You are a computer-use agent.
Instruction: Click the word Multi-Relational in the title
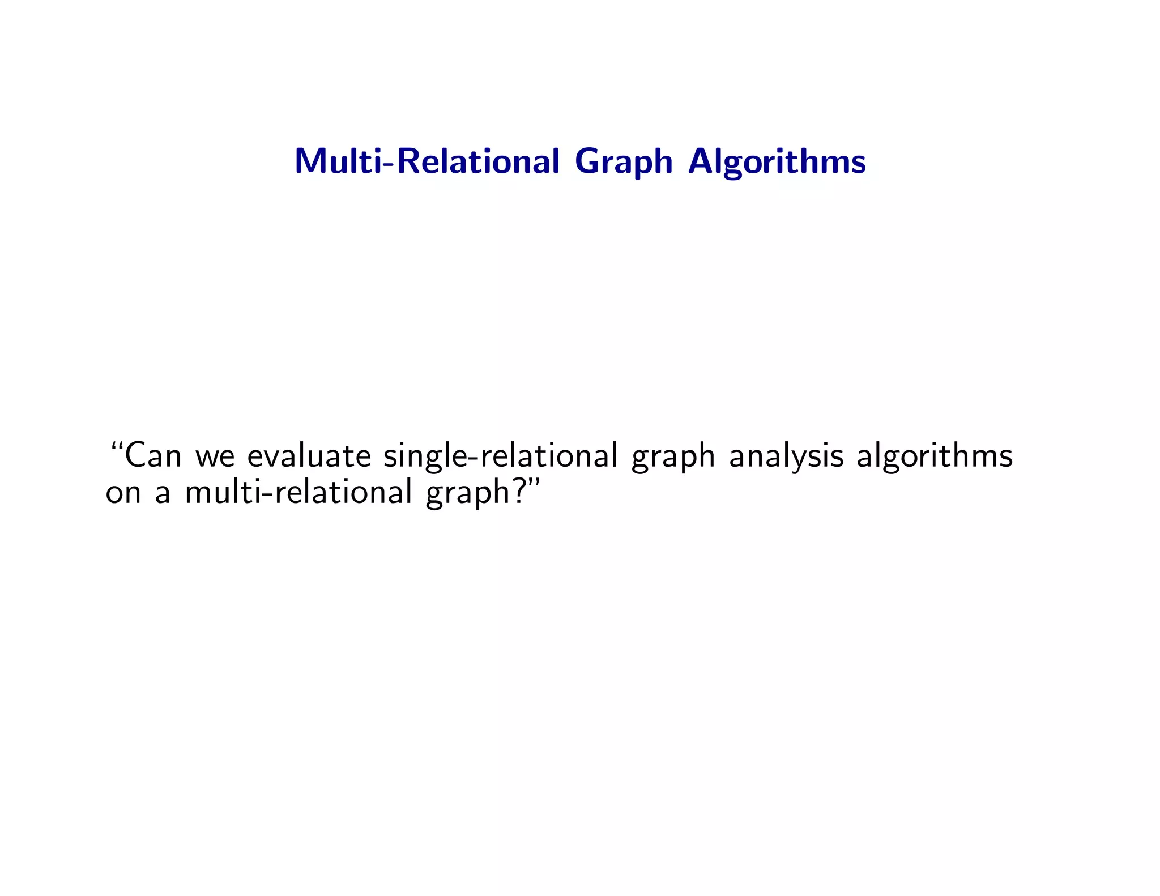click(427, 161)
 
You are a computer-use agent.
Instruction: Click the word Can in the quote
click(153, 456)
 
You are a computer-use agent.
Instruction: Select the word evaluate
click(309, 456)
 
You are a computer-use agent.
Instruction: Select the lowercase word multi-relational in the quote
click(298, 492)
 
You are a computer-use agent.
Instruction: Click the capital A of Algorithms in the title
click(702, 161)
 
